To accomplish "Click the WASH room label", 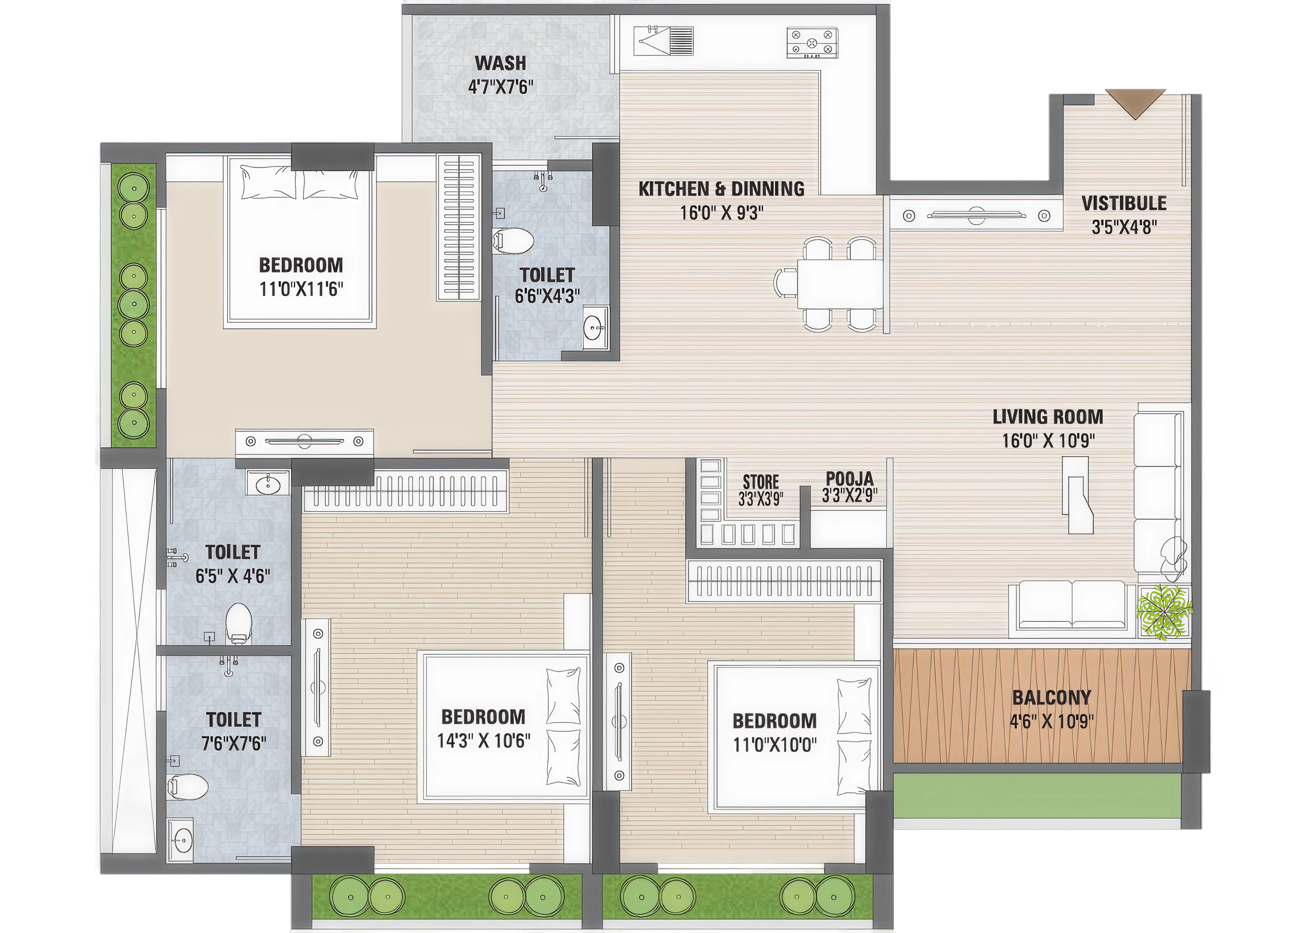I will tap(500, 62).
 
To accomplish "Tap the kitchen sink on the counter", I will tap(663, 41).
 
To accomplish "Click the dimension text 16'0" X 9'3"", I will tap(722, 213).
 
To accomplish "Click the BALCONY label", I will tap(1051, 697).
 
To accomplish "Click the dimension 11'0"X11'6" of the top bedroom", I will tap(301, 289).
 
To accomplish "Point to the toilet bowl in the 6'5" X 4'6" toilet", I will tap(238, 622).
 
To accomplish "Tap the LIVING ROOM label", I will tap(1048, 417).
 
